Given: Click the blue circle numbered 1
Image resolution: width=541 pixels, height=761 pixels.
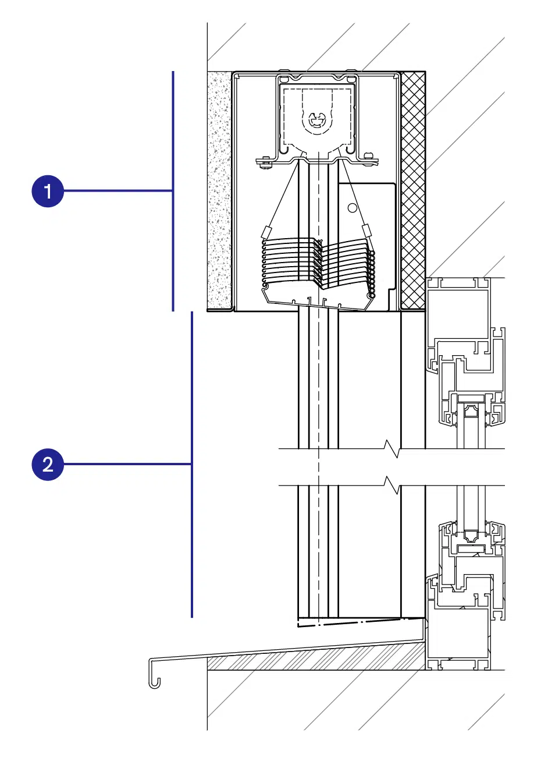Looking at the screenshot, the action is click(48, 191).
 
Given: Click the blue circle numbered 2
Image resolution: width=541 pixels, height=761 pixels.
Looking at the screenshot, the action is click(48, 464).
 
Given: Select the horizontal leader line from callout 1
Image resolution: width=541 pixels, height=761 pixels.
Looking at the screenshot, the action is click(118, 191).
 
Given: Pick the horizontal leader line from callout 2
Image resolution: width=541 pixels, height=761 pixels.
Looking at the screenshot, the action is click(127, 464).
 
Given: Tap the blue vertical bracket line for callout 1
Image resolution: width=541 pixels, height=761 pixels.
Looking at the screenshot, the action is click(173, 191).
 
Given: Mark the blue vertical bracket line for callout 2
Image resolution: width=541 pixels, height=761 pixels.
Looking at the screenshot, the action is click(192, 465).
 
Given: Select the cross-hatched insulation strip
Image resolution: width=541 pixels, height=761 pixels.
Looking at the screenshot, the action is click(413, 190).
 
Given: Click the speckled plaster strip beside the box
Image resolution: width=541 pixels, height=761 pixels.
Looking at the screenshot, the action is click(219, 190).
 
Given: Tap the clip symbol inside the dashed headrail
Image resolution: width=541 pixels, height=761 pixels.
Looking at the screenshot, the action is click(318, 121).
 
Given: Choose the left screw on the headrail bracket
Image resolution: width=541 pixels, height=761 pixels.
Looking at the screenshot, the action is click(265, 162).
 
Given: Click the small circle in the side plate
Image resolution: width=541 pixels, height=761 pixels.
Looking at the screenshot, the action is click(353, 208).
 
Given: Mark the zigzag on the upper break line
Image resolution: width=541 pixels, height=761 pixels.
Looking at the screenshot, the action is click(392, 448).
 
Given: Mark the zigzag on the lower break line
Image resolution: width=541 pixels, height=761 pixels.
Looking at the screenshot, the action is click(392, 485).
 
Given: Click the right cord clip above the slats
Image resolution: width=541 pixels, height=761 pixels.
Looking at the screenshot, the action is click(366, 230).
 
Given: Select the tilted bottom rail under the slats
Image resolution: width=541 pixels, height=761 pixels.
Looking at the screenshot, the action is click(317, 298).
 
